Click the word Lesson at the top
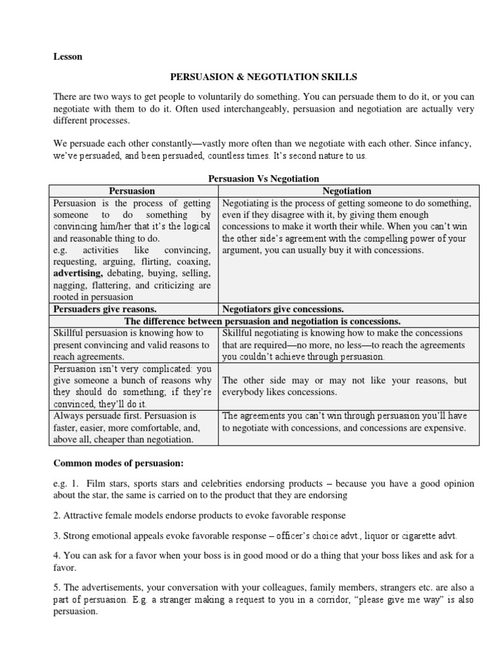coord(68,56)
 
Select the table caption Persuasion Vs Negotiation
coord(263,178)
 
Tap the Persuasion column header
coord(132,191)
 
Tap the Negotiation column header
coord(347,191)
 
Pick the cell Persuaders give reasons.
coord(104,309)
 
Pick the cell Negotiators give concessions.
coord(283,309)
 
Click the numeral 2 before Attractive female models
coord(56,516)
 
